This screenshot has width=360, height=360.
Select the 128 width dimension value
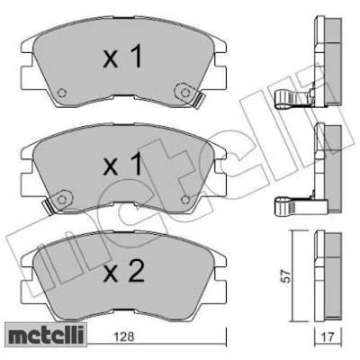pos(124,337)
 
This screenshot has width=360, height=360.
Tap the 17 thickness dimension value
pos(328,337)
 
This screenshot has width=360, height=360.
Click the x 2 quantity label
pos(123,271)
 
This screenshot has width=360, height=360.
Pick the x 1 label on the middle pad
pos(122,164)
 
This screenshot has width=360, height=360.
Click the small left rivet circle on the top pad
pos(62,93)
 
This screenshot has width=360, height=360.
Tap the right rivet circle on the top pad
pos(185,91)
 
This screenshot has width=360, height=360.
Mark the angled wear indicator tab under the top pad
pos(199,100)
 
